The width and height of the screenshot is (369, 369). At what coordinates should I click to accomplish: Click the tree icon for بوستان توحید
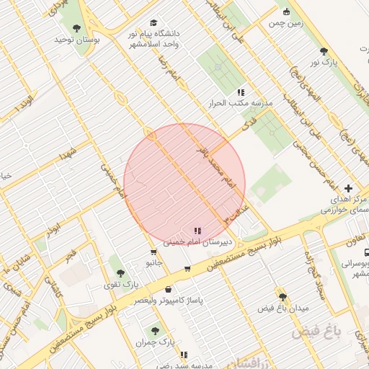[x=77, y=28]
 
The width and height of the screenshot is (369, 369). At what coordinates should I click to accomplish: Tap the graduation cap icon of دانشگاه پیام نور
[x=153, y=23]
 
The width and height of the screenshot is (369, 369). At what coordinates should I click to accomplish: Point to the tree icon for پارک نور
[x=324, y=51]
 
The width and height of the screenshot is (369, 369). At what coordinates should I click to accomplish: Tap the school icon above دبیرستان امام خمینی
[x=197, y=231]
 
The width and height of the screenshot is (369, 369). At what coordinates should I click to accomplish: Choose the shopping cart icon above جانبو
[x=154, y=252]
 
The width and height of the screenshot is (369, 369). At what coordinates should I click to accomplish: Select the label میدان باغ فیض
[x=283, y=308]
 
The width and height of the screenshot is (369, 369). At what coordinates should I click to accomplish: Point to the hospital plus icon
[x=349, y=187]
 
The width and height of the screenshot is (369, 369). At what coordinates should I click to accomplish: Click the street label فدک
[x=250, y=124]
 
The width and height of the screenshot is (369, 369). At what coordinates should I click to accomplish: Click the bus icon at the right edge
[x=367, y=253]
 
